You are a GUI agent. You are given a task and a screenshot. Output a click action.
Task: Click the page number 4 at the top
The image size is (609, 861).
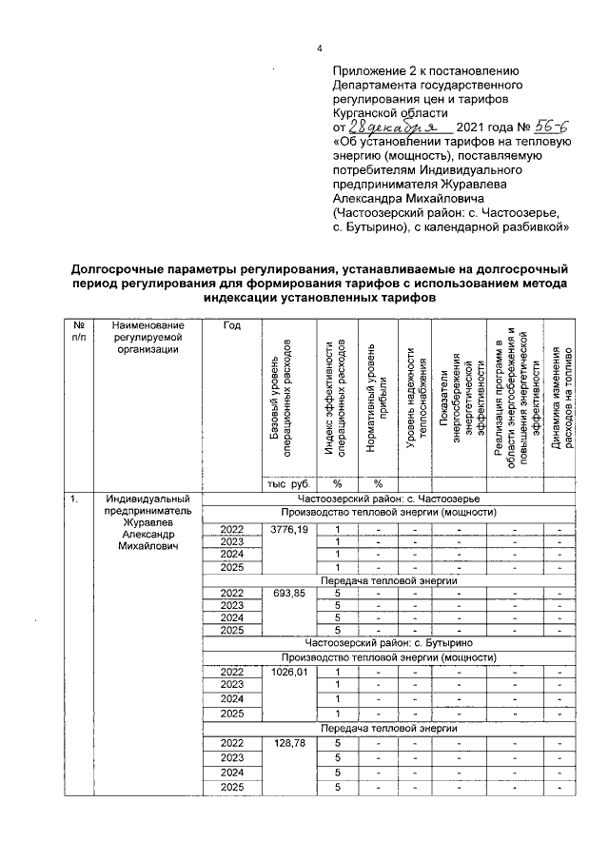(x=320, y=49)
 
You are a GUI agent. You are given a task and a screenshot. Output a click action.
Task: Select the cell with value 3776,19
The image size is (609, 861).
(x=289, y=529)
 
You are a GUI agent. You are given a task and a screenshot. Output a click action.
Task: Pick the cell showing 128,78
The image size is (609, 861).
(x=289, y=743)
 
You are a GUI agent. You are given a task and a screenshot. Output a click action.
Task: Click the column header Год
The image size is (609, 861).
(x=231, y=326)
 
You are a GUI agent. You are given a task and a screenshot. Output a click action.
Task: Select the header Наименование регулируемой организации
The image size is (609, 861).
(x=147, y=338)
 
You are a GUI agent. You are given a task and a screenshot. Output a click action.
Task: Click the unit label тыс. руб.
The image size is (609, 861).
(x=289, y=482)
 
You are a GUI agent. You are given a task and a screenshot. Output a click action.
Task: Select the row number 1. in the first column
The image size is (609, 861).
(x=71, y=499)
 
